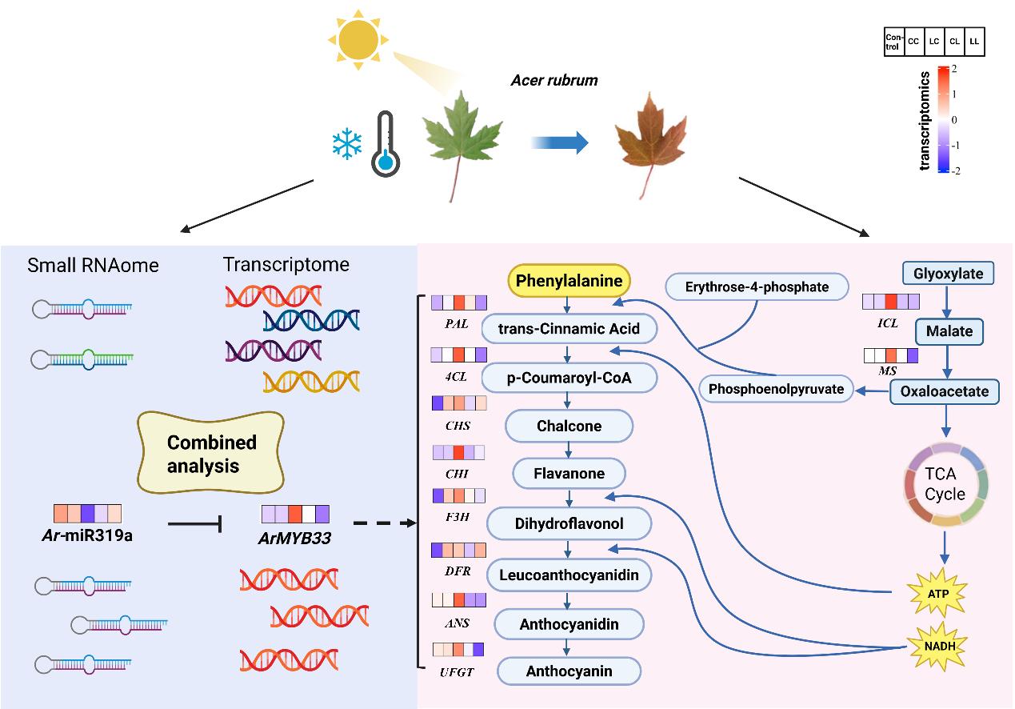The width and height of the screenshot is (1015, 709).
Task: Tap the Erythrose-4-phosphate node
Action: tap(756, 286)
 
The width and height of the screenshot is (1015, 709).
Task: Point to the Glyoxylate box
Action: tap(948, 274)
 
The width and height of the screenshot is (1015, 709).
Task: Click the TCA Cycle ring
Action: tap(945, 484)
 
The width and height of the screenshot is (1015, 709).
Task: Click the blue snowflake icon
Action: tap(347, 146)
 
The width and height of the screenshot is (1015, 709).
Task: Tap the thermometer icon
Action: tap(386, 143)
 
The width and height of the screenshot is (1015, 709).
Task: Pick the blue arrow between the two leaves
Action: tap(560, 143)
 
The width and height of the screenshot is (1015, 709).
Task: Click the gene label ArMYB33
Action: tap(296, 539)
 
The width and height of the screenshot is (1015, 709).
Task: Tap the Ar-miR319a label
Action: tap(87, 535)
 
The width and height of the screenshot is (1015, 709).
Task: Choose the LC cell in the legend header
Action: tap(934, 41)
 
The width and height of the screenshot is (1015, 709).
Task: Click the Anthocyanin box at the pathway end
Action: tap(569, 671)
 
